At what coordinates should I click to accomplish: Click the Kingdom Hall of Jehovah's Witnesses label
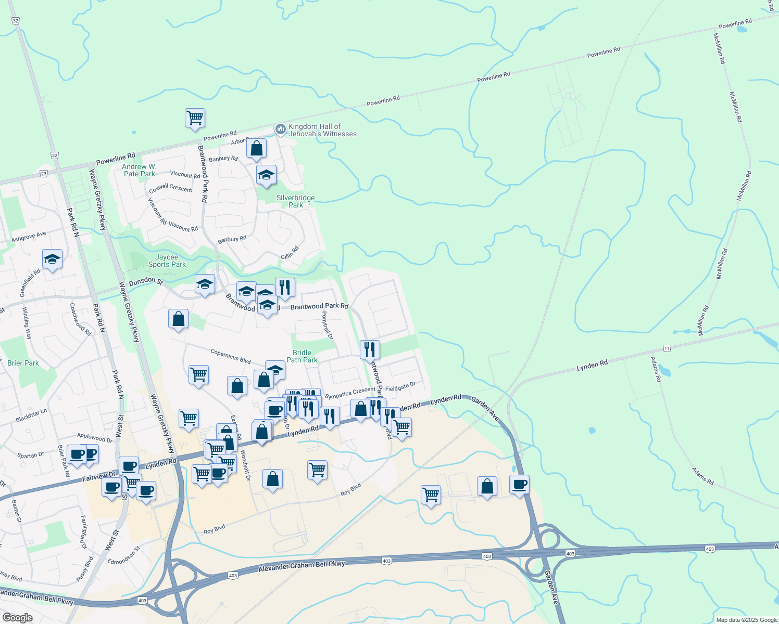tap(322, 130)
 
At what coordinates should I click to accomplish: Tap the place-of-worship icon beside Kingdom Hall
tap(281, 129)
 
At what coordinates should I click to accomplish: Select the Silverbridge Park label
tap(295, 201)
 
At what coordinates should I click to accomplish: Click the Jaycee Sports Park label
tap(167, 261)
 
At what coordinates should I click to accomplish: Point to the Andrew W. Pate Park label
tap(139, 170)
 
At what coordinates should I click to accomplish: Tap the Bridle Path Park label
tap(302, 356)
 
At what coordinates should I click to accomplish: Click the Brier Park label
tap(23, 363)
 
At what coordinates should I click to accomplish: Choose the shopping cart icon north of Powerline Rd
tap(195, 118)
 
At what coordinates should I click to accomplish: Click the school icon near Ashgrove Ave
tap(52, 259)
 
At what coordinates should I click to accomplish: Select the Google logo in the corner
tap(17, 618)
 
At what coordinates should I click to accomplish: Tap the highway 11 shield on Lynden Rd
tap(667, 347)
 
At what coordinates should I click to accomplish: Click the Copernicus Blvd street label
tap(231, 356)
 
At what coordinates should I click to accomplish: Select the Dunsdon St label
tap(146, 281)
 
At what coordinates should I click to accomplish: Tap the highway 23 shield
tap(43, 174)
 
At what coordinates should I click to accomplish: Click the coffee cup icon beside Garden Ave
tap(519, 485)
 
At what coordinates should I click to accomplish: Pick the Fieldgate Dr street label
tap(400, 386)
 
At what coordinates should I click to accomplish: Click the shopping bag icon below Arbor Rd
tap(257, 148)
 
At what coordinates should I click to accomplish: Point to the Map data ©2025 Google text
tap(747, 620)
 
